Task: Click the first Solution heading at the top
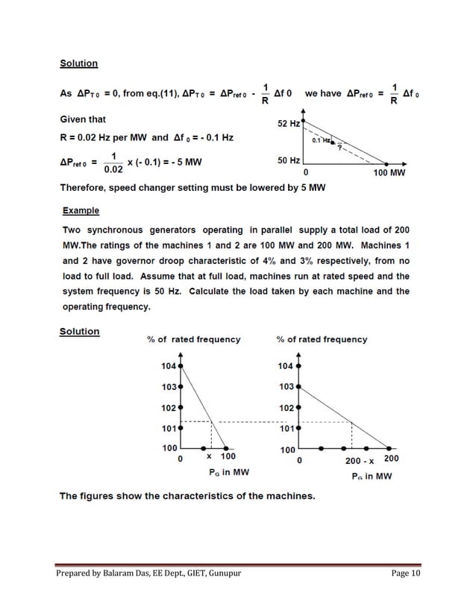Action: pyautogui.click(x=79, y=63)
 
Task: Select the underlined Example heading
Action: pyautogui.click(x=81, y=211)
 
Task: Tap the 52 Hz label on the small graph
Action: pyautogui.click(x=289, y=123)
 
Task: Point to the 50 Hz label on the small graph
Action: pyautogui.click(x=289, y=160)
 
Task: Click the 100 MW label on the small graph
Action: pyautogui.click(x=389, y=173)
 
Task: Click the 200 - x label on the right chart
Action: pyautogui.click(x=360, y=460)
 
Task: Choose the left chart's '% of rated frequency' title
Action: pyautogui.click(x=194, y=339)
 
